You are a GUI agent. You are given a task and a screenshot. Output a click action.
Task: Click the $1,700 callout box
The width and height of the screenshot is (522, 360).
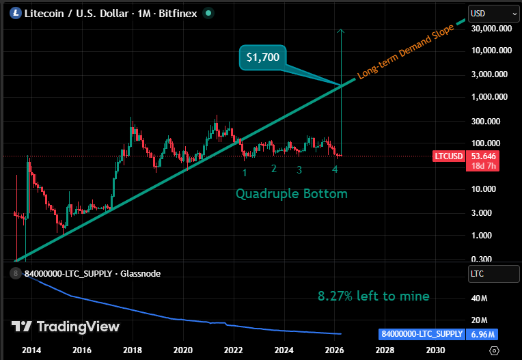[x=263, y=57]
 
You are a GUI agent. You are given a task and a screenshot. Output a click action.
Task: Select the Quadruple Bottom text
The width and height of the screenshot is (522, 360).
[x=292, y=194]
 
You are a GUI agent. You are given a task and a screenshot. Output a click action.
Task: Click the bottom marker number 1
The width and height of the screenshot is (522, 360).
[x=245, y=173]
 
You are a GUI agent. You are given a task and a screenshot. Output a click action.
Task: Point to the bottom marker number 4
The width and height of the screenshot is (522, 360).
[x=335, y=169]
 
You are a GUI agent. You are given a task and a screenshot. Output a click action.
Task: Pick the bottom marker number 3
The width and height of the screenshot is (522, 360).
[x=299, y=169]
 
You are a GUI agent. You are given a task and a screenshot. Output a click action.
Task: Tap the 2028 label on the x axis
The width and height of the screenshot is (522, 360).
[x=384, y=349]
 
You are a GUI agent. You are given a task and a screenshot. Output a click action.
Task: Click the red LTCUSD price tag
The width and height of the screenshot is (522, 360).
[x=448, y=156]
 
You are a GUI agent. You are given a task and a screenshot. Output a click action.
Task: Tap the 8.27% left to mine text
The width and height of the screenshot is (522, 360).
[x=374, y=296]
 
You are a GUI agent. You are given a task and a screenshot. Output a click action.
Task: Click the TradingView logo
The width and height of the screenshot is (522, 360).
[x=66, y=327]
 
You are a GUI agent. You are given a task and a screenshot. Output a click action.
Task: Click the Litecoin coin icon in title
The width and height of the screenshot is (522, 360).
[x=13, y=12]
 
